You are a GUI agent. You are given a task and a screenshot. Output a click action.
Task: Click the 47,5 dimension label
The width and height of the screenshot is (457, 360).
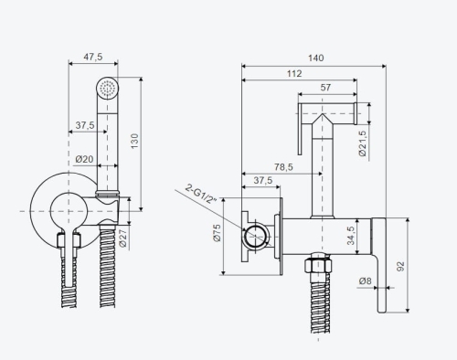point(93,57)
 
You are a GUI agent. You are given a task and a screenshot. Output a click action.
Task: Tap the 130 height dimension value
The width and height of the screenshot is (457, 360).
point(134,142)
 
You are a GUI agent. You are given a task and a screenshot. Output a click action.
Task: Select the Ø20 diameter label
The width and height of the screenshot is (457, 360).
point(84,159)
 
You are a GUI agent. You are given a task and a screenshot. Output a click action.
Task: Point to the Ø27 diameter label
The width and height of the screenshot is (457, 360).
point(122,238)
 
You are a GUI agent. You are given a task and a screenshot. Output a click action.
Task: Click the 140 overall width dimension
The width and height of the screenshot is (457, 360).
point(315,58)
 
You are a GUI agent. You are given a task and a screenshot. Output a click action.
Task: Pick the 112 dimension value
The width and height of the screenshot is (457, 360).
point(294,73)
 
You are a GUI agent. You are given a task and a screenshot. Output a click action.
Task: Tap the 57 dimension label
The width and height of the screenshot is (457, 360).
point(325,88)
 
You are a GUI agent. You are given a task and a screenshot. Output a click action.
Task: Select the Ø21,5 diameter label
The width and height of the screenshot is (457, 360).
point(363,143)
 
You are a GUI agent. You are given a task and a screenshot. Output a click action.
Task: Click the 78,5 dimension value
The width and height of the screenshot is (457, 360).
point(283,167)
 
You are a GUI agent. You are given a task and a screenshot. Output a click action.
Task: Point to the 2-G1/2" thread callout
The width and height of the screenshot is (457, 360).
point(201,194)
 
